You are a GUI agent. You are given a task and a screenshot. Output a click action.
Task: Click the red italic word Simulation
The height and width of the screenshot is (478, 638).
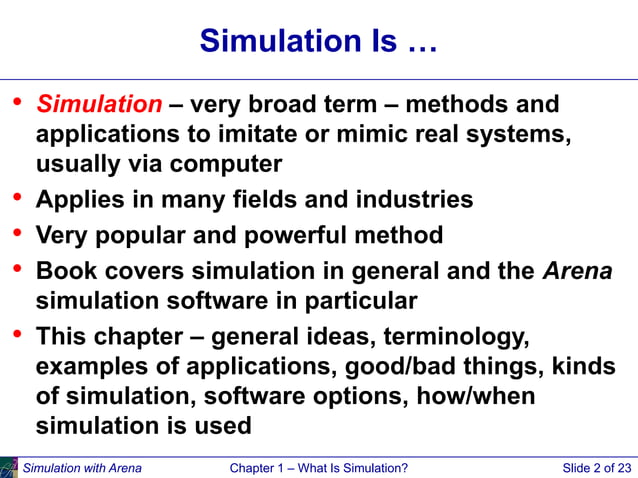[99, 104]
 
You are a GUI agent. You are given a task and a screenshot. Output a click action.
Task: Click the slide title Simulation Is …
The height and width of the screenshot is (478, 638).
[318, 41]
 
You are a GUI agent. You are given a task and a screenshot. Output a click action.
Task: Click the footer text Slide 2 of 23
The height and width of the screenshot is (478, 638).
[597, 467]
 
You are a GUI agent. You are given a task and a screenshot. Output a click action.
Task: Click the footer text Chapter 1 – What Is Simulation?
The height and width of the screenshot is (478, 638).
[318, 467]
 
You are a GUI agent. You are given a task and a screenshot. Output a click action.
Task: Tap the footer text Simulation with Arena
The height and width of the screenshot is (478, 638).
[82, 467]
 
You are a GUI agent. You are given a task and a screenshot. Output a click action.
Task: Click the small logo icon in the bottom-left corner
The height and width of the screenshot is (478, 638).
[9, 467]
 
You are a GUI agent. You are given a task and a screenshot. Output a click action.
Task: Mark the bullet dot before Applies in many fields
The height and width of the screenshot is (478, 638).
[16, 196]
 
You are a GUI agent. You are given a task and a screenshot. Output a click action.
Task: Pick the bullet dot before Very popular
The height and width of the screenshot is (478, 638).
[16, 233]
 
